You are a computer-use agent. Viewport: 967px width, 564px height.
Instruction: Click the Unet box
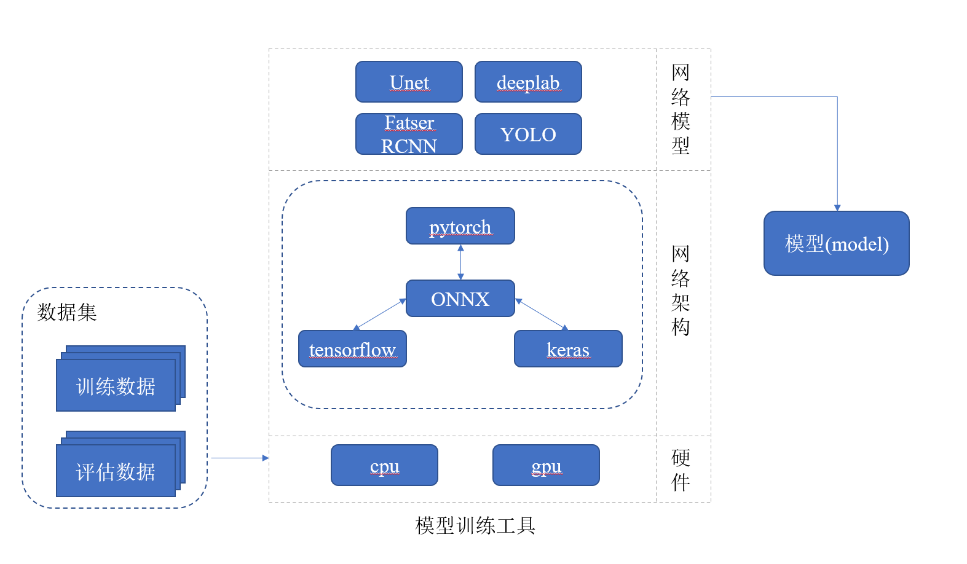coord(409,82)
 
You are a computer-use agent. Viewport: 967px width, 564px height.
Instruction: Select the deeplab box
coord(528,82)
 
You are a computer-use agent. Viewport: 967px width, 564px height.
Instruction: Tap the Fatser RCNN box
coord(409,134)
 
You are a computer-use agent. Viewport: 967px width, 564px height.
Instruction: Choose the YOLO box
coord(528,134)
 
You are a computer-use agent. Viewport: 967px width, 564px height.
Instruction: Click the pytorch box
coord(460,225)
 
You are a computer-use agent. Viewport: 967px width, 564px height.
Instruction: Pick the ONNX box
coord(460,298)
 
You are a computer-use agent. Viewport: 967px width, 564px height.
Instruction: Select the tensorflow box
coord(352,349)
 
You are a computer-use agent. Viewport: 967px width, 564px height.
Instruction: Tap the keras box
coord(568,349)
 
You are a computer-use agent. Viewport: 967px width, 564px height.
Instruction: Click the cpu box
coord(384,465)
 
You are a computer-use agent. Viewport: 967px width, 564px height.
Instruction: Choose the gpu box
coord(546,465)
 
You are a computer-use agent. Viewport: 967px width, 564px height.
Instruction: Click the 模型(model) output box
coord(837,243)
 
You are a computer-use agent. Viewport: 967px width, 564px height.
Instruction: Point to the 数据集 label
coord(67,312)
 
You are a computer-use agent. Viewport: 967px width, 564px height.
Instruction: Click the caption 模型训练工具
coord(475,525)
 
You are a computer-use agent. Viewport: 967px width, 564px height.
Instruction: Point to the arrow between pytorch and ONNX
coord(460,262)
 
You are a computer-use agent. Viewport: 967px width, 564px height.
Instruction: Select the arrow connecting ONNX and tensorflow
coord(379,314)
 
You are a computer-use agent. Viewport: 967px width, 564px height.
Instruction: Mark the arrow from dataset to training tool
coord(240,458)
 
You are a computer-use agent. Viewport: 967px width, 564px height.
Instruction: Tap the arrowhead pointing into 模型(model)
coord(837,208)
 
